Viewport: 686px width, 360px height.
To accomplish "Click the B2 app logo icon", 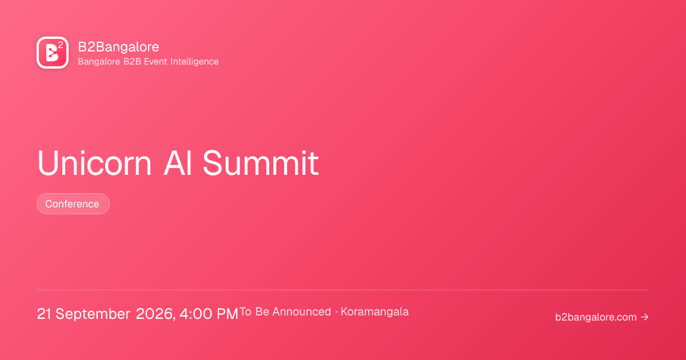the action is [53, 53].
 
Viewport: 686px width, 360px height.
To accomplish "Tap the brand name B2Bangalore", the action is [118, 47].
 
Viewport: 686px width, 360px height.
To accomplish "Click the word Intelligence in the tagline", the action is [194, 62].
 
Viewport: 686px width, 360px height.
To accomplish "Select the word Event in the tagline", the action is [155, 62].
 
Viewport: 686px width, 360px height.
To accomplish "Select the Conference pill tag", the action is [73, 203].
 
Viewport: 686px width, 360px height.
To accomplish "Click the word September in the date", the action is [93, 314].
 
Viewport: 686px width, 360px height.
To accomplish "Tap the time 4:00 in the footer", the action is [196, 314].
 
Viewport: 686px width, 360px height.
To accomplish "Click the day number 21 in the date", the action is [44, 314].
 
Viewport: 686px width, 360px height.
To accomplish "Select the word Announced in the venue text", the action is [302, 311].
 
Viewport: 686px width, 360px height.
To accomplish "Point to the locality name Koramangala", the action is [374, 312].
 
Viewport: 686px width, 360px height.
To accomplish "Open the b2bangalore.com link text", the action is [596, 317].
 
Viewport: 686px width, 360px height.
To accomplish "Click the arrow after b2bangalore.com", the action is [645, 317].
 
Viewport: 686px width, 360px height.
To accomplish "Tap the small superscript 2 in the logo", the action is [61, 45].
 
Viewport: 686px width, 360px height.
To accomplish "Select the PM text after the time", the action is [228, 314].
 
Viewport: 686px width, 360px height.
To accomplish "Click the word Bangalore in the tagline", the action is [99, 62].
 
